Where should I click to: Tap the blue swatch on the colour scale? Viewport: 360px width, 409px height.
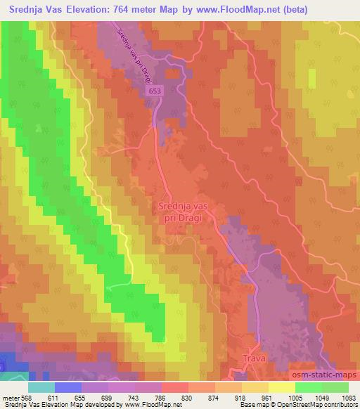[68, 388]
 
